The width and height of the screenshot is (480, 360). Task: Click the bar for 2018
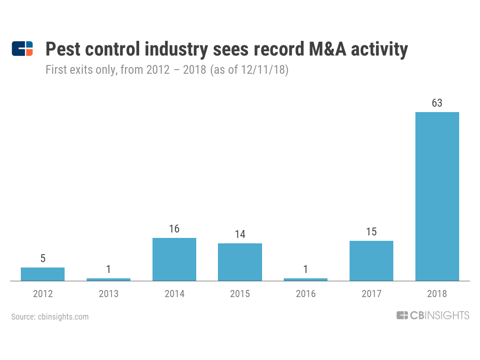437,196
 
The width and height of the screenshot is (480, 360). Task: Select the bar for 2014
174,259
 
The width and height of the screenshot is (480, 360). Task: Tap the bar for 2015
240,262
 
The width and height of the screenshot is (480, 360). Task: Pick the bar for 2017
371,261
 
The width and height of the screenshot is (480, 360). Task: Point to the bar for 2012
42,274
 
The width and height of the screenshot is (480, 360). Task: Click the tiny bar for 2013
108,280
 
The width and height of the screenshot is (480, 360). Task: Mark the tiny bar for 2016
305,280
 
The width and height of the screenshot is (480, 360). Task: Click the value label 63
437,103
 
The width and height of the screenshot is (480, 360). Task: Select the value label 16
174,229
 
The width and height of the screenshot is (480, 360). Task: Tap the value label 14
240,234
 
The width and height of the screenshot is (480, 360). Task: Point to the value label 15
371,232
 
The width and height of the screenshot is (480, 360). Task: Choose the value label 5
42,258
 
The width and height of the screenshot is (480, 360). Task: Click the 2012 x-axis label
42,294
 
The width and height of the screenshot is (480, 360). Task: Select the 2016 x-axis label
305,294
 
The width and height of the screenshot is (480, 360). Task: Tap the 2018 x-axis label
437,294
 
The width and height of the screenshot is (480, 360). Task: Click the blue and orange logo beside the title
22,49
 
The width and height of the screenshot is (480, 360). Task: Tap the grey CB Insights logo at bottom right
432,315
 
